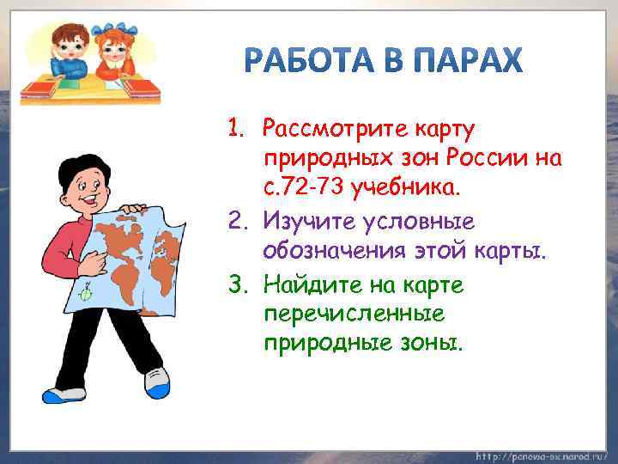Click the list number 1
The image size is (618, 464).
tap(236, 131)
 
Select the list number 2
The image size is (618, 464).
tap(237, 222)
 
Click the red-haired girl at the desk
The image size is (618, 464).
tap(113, 52)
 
